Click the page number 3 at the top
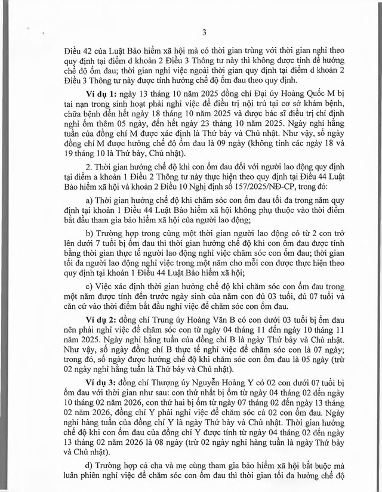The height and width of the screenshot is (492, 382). pyautogui.click(x=204, y=32)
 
